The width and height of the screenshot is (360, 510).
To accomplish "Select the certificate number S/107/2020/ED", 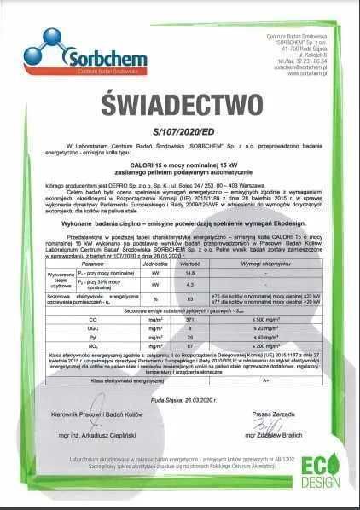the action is coord(180,133).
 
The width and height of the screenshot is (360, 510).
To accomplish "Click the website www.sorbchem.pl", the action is coord(297,73).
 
